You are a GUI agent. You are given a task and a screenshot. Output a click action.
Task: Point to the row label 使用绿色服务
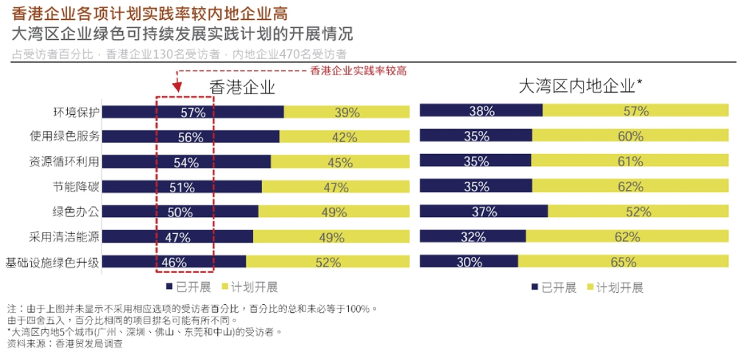click(66, 137)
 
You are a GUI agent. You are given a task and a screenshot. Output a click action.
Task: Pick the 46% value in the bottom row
click(173, 262)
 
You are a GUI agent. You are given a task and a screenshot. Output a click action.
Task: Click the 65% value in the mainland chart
click(623, 262)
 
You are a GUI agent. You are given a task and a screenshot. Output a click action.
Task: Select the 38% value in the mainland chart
click(481, 111)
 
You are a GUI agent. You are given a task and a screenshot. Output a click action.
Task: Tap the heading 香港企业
click(243, 87)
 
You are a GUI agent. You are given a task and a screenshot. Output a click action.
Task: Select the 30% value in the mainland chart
click(469, 262)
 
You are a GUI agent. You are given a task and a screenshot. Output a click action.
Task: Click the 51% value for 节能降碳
click(181, 188)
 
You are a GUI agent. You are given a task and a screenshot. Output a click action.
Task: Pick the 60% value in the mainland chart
click(631, 136)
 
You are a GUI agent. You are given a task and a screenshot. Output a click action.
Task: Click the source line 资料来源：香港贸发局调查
click(65, 343)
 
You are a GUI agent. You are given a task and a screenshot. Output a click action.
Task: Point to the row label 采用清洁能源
click(64, 236)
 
